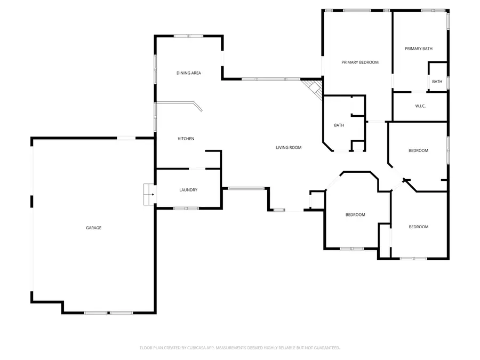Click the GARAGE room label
(93, 228)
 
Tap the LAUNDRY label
(188, 190)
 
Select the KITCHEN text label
(186, 139)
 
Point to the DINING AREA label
(189, 73)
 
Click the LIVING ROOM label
(289, 148)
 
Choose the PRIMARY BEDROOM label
(359, 62)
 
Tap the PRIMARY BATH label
(418, 49)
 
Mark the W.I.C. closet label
(420, 106)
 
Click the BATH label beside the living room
(339, 125)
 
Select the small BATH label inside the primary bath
(437, 82)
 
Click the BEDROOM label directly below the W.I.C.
(418, 150)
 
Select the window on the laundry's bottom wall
(188, 207)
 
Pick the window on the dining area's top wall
(188, 36)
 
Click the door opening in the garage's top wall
(126, 138)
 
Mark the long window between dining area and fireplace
(270, 79)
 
